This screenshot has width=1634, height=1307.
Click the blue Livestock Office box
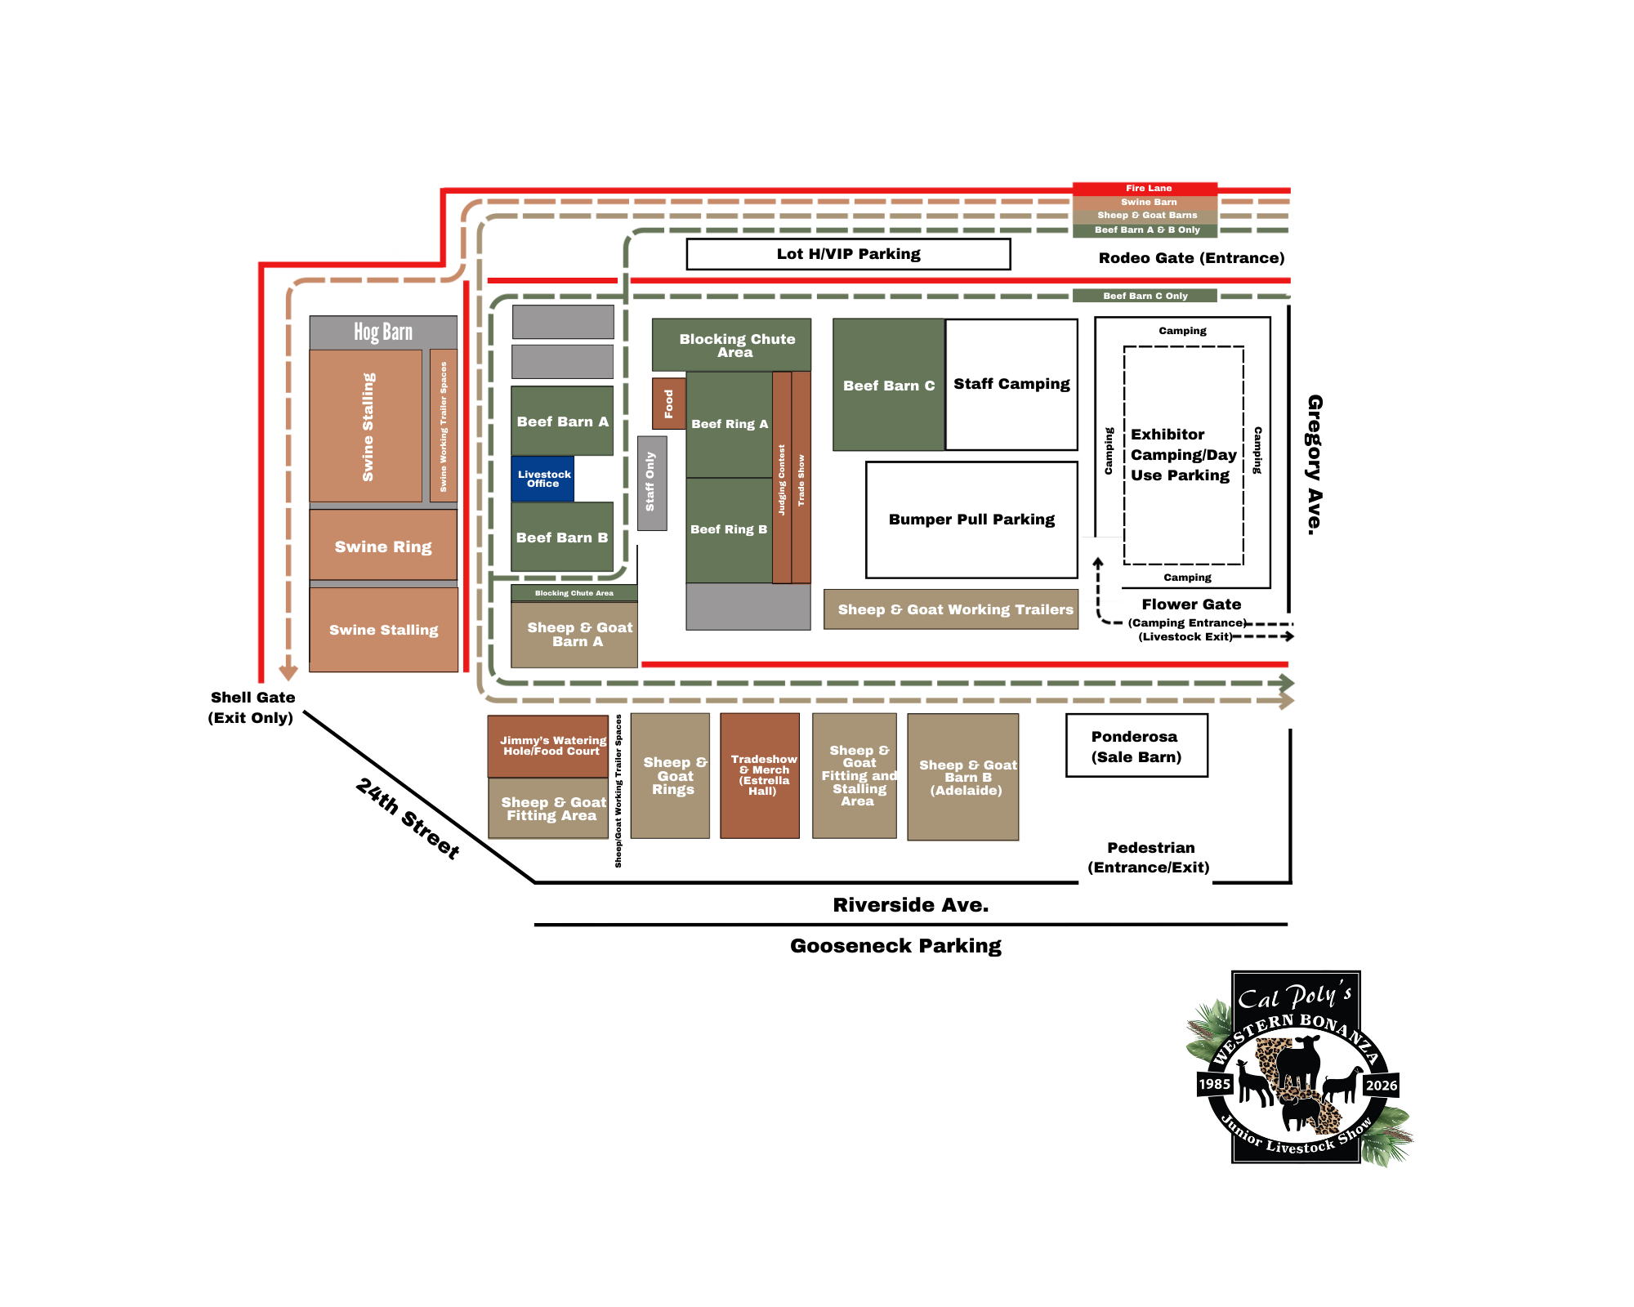(543, 479)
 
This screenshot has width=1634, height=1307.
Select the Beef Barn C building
(889, 385)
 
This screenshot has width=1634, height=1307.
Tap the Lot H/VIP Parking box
(848, 254)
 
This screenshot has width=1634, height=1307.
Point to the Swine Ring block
(383, 546)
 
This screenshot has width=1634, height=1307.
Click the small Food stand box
(668, 404)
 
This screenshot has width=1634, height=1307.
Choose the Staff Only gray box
(651, 482)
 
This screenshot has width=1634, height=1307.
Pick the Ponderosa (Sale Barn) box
(1136, 746)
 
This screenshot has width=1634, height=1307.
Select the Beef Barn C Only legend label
(1145, 296)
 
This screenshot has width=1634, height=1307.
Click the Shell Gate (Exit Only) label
(252, 707)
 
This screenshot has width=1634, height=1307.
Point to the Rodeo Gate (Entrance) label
(1191, 258)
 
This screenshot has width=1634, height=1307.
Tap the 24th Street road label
(408, 818)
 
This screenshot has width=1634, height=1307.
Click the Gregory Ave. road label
(1314, 465)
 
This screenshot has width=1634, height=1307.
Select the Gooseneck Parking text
(895, 946)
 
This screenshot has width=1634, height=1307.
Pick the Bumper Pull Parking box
(971, 520)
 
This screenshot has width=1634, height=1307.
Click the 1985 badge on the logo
(1214, 1084)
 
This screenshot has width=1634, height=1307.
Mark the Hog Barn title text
(383, 332)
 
